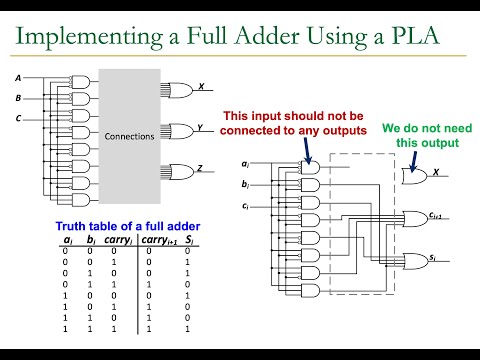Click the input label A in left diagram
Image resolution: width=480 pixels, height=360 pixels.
(17, 77)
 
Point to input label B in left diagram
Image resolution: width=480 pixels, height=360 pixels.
(17, 98)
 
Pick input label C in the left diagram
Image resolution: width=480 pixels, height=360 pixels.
(17, 119)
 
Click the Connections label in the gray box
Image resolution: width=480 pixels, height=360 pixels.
(129, 133)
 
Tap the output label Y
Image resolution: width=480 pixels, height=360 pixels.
(201, 128)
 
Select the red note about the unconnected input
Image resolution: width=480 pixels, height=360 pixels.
(297, 122)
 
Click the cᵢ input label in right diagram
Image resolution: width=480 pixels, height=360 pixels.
(245, 208)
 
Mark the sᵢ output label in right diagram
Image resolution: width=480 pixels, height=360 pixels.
(433, 258)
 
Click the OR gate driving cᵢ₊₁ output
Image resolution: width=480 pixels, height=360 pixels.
(412, 219)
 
